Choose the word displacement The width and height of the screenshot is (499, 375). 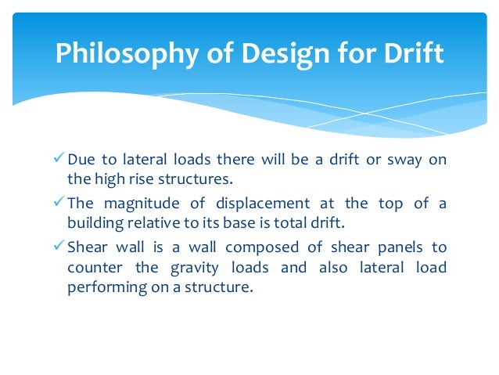(x=267, y=204)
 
